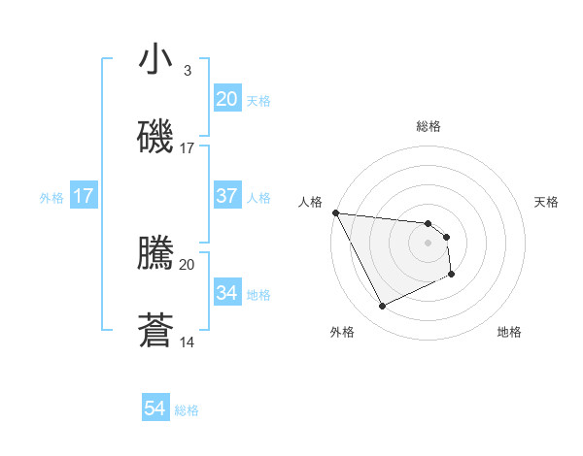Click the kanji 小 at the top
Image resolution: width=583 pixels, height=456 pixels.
(156, 60)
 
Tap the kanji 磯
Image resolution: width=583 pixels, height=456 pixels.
(156, 136)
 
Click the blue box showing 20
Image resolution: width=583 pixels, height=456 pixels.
(226, 99)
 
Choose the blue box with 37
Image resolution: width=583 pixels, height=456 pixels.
(226, 196)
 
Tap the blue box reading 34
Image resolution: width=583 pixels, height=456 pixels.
(226, 293)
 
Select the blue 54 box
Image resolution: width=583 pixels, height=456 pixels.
(155, 409)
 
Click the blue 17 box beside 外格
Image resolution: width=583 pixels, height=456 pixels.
(84, 196)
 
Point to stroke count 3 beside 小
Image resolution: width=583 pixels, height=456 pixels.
(187, 71)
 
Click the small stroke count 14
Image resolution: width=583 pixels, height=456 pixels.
(188, 342)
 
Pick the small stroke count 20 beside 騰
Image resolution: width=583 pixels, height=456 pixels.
(188, 264)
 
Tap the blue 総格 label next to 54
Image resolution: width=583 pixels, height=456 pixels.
(187, 410)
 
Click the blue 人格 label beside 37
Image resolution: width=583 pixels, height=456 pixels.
(258, 197)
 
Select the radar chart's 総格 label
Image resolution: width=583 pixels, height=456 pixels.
(429, 126)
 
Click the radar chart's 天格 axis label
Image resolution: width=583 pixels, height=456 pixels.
(547, 202)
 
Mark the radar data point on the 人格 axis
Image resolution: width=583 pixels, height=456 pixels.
(335, 212)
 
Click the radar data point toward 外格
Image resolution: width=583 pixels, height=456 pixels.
(382, 307)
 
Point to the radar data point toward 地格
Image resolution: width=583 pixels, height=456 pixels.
(452, 275)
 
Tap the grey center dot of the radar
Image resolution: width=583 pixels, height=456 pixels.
(429, 243)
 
